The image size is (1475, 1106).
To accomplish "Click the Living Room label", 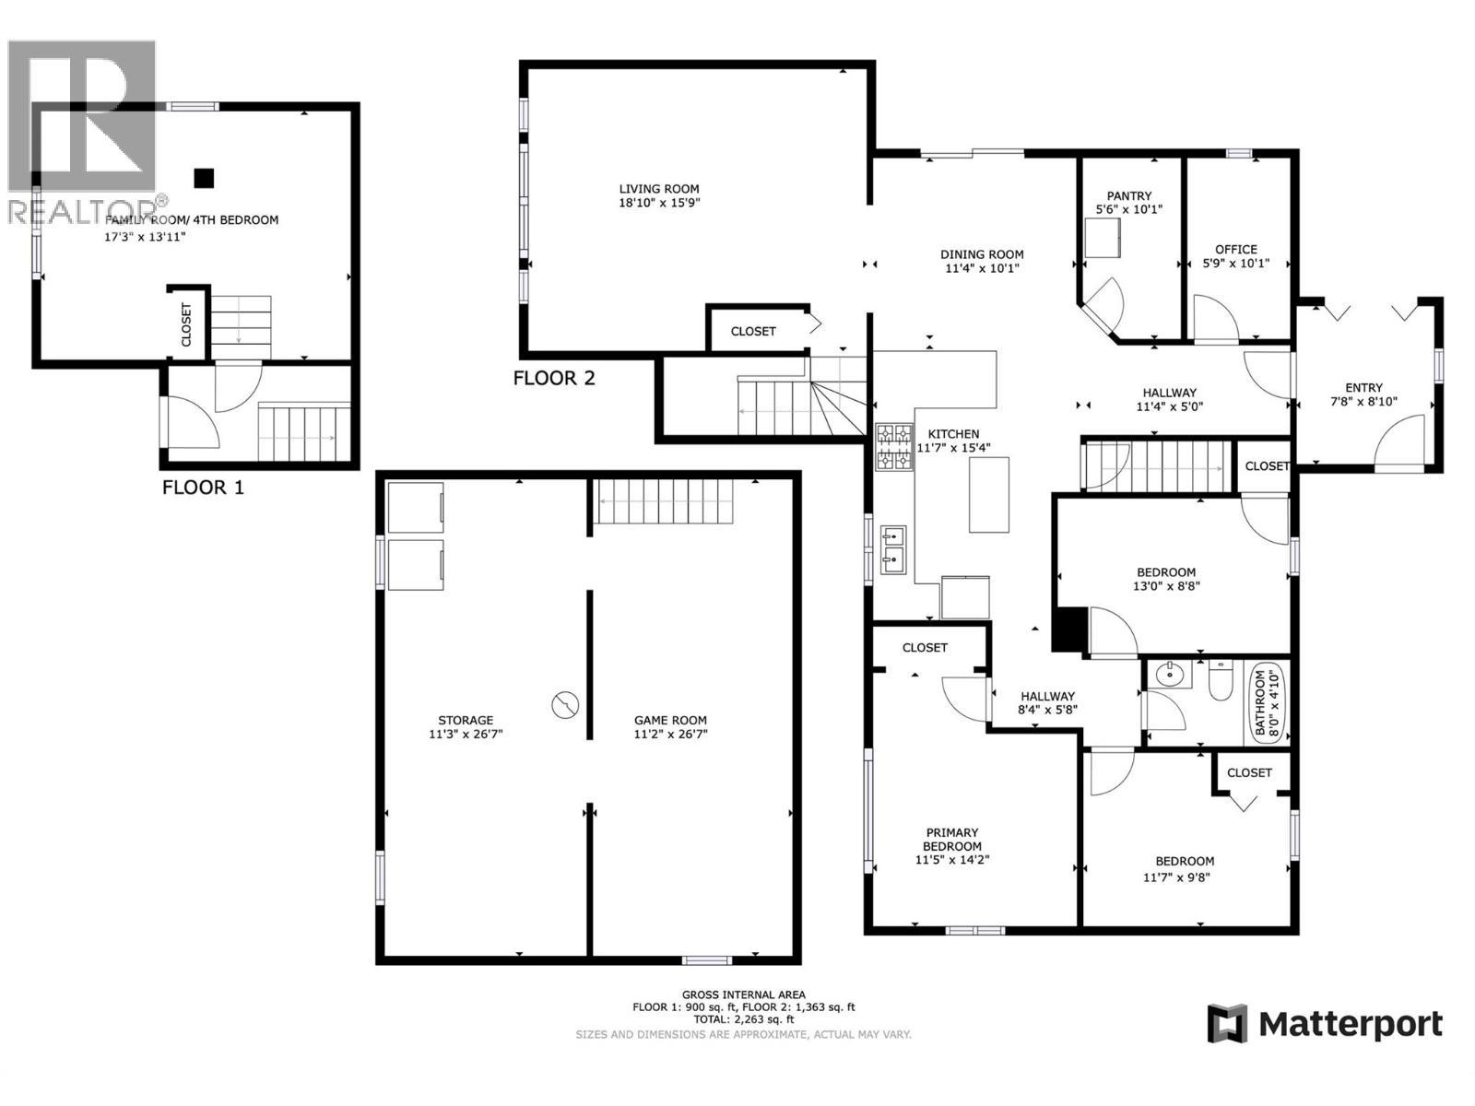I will [658, 189].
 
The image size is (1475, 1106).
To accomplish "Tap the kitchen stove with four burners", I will [893, 447].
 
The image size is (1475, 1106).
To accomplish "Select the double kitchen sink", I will [892, 548].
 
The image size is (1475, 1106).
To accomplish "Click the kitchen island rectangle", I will [988, 494].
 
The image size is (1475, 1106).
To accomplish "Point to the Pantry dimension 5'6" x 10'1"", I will [1128, 209].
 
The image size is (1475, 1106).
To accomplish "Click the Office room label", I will [1235, 249].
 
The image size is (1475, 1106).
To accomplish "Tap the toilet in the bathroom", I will [1221, 681].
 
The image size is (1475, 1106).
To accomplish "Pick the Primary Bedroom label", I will [951, 839].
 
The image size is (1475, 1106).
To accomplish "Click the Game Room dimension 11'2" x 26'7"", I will [670, 735].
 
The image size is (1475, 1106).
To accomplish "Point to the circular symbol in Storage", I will [565, 705].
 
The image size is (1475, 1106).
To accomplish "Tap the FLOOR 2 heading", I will [554, 378].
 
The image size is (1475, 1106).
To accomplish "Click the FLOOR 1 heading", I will [203, 488].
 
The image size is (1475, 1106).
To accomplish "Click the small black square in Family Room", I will [204, 178].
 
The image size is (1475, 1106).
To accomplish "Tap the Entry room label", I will [1363, 388].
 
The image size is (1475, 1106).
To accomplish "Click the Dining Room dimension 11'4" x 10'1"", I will [981, 269].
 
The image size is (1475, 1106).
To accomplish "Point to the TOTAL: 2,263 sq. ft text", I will [743, 1019].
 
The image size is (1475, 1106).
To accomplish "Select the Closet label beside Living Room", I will [753, 331].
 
